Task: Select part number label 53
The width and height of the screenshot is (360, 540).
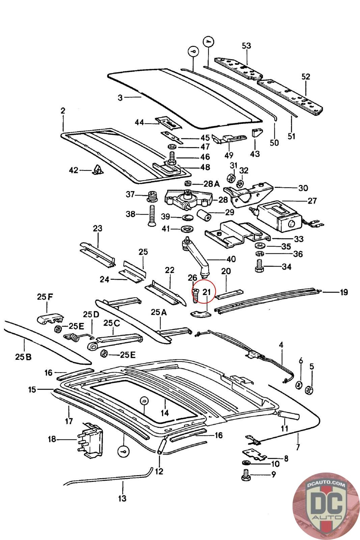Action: tap(247, 46)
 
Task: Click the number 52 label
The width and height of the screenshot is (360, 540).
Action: tap(305, 77)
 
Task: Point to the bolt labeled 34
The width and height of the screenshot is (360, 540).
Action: tap(261, 266)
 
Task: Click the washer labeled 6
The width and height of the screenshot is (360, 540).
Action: tap(298, 385)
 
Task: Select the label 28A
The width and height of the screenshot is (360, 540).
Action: tap(211, 184)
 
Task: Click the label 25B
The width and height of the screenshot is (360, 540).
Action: tap(23, 356)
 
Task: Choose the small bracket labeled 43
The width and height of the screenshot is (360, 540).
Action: tap(257, 133)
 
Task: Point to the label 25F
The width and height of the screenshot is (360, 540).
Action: tap(45, 297)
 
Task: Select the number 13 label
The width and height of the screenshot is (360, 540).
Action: tap(122, 498)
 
